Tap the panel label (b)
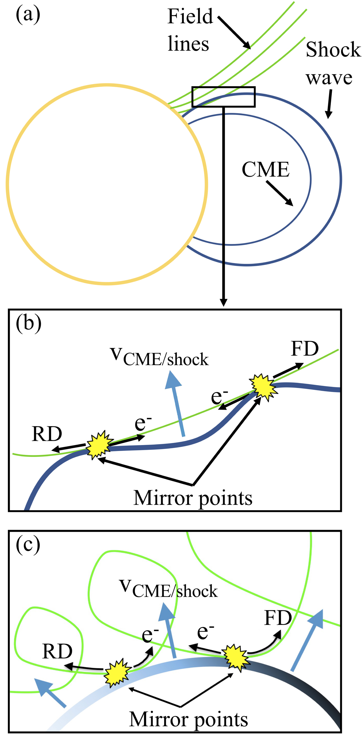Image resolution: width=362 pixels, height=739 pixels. click(28, 324)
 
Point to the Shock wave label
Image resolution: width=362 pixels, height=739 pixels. click(332, 63)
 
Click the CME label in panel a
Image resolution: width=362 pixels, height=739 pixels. click(265, 169)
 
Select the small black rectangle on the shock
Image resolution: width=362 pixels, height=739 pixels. click(224, 96)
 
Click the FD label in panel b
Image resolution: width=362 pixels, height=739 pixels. click(305, 349)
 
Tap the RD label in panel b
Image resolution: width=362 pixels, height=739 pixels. click(47, 434)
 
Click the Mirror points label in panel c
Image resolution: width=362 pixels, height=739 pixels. click(189, 720)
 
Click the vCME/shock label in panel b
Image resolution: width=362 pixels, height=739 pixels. click(160, 357)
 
